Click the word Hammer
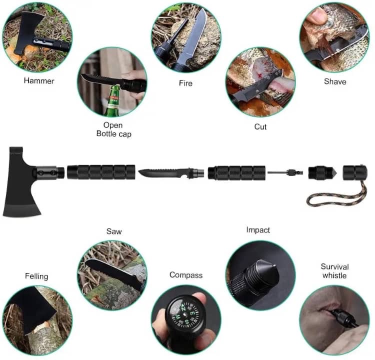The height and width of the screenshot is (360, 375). tap(39, 80)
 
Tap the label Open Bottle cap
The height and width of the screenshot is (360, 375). tap(113, 129)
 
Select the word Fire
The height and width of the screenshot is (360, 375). tap(186, 83)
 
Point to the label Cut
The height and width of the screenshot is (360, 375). tap(260, 126)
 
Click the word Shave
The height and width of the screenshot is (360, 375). tap(334, 81)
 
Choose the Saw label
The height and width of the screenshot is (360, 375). tap(113, 231)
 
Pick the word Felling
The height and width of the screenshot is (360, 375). tap(36, 276)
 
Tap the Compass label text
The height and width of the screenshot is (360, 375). tap(186, 275)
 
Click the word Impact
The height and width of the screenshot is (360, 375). tap(258, 230)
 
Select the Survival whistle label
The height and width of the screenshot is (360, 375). tap(334, 271)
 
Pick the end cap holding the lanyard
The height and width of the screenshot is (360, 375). tap(354, 172)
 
